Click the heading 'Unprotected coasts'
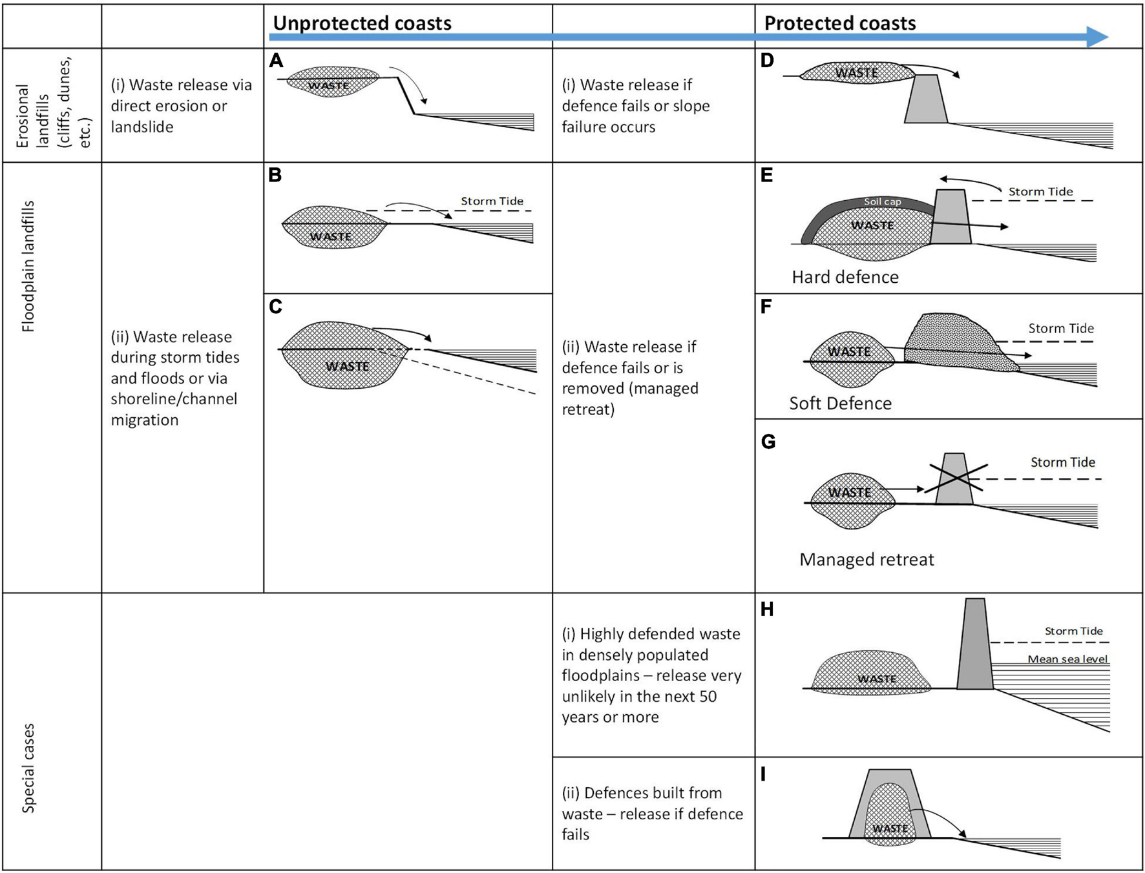[x=362, y=23]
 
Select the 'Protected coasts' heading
[x=839, y=23]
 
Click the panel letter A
[x=277, y=61]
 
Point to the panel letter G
[x=768, y=442]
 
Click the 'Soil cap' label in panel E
[x=882, y=201]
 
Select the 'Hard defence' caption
[x=845, y=277]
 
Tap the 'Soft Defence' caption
[x=840, y=404]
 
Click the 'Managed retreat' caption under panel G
[x=866, y=559]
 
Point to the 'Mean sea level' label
[x=1067, y=659]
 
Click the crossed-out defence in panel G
[x=954, y=479]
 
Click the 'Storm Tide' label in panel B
[x=492, y=201]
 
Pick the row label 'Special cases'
[x=28, y=768]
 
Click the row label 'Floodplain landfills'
[x=28, y=266]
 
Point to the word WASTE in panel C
[x=347, y=366]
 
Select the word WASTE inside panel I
[x=890, y=828]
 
